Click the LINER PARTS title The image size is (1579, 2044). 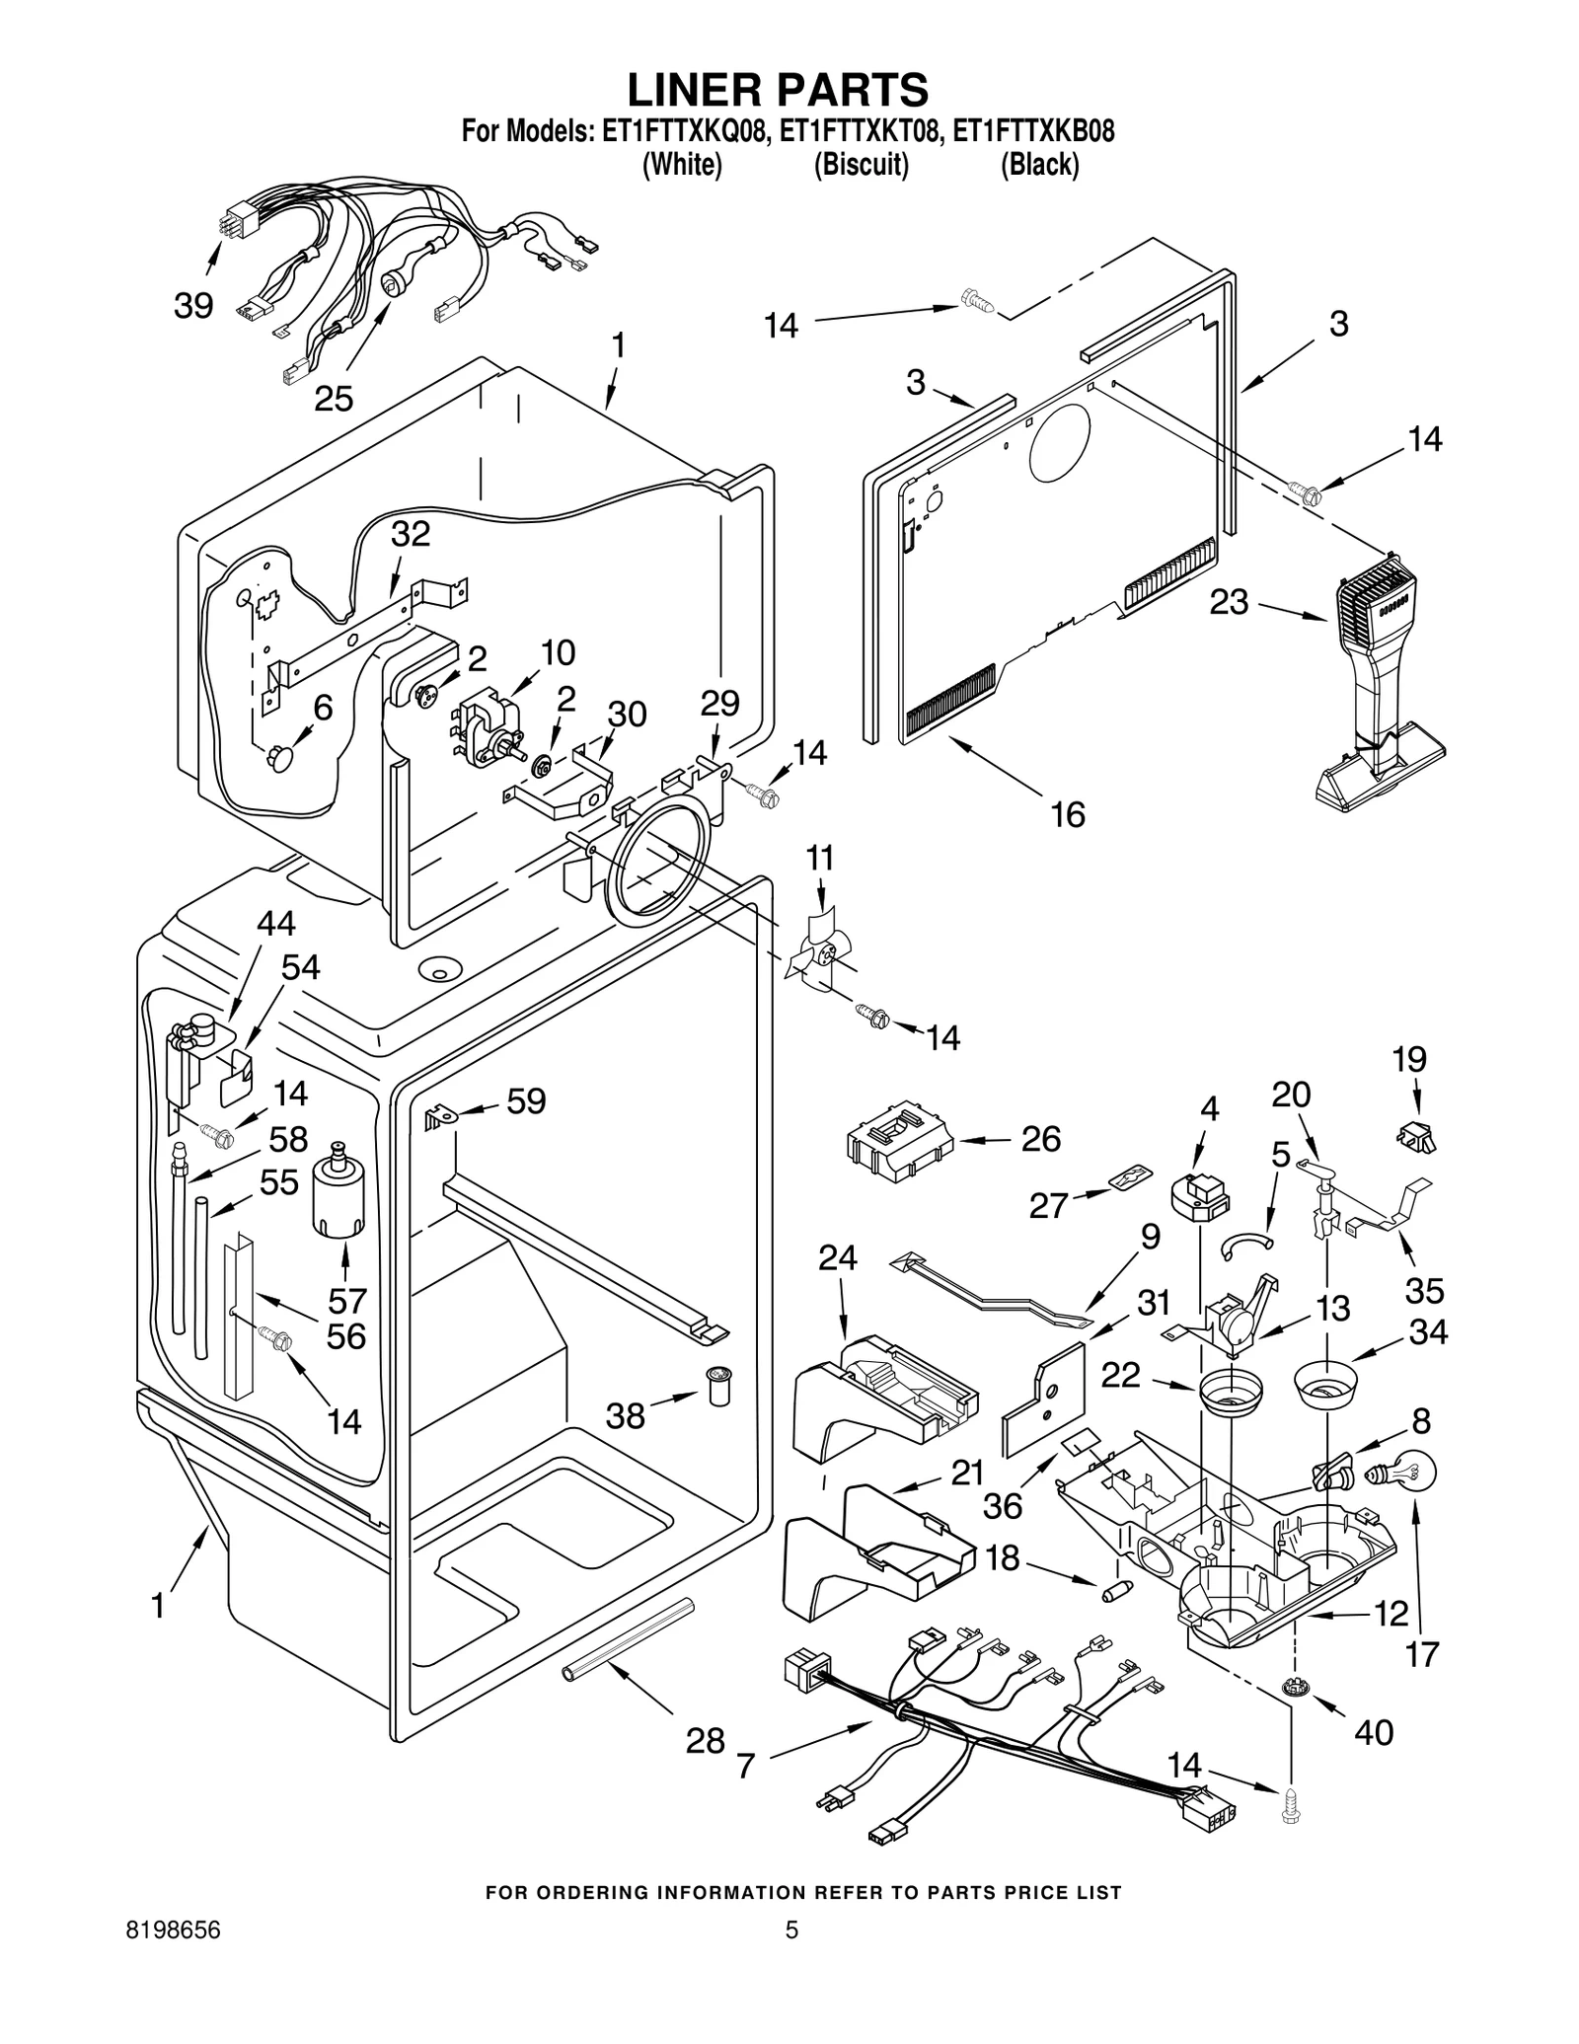coord(778,90)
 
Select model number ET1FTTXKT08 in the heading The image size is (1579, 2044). coord(857,132)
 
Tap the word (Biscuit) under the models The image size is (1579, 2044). coord(861,165)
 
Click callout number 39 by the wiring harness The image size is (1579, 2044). coord(193,306)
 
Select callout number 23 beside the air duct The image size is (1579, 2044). coord(1229,602)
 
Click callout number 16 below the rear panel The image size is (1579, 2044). coord(1068,814)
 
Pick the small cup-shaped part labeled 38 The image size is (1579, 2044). coord(717,1389)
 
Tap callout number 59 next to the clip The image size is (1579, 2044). coord(526,1101)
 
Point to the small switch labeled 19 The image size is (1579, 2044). coord(1417,1137)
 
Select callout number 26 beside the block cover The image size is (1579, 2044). coord(1040,1139)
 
